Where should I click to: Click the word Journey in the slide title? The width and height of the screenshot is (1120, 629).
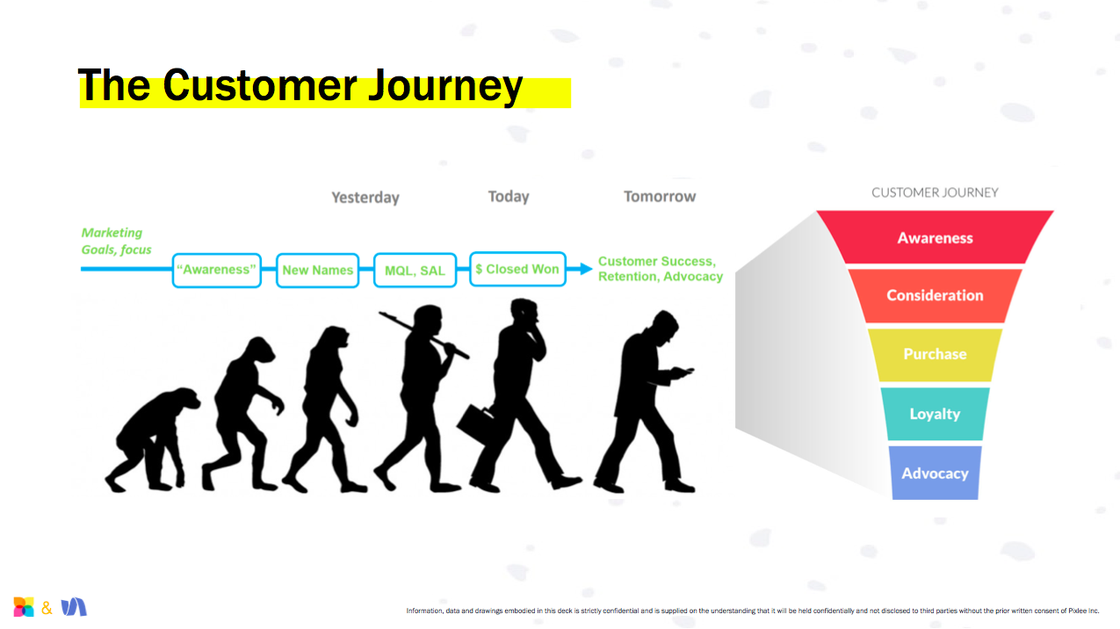[445, 87]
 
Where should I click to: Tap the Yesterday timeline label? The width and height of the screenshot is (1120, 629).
[365, 198]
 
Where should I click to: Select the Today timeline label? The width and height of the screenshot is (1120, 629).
[509, 197]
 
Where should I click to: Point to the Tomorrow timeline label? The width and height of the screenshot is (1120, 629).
[660, 197]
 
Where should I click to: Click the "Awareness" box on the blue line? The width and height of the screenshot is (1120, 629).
[216, 270]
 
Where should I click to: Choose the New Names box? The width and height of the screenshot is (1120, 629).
[317, 270]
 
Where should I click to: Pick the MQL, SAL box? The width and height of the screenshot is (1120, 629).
[415, 270]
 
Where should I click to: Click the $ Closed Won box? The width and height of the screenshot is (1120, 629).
[517, 269]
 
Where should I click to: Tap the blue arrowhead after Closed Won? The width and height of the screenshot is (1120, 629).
[586, 269]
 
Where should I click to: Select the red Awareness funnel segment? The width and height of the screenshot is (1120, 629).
[935, 237]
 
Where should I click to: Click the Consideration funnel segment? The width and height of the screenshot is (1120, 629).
[935, 295]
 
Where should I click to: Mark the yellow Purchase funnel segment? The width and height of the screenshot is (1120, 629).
[935, 354]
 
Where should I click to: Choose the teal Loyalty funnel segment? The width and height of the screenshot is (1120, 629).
[935, 414]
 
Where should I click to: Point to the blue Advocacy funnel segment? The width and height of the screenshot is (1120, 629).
[935, 473]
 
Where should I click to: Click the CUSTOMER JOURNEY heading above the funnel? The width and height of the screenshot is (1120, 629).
[935, 192]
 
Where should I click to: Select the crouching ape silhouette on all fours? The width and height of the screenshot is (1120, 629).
[153, 440]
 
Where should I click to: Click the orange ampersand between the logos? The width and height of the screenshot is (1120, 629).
[47, 608]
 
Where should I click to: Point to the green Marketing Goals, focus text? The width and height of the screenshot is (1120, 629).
[116, 241]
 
